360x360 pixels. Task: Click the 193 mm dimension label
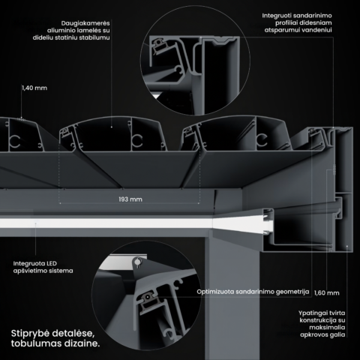(130, 199)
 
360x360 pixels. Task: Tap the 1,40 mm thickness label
(34, 88)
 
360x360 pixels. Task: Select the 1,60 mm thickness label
(327, 293)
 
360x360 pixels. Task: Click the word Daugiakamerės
(85, 23)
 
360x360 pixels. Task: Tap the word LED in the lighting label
(51, 263)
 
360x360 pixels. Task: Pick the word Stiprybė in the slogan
(26, 334)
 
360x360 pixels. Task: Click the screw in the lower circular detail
(137, 262)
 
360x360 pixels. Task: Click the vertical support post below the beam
(232, 298)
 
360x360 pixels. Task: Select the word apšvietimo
(28, 271)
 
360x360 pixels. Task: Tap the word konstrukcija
(316, 320)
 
